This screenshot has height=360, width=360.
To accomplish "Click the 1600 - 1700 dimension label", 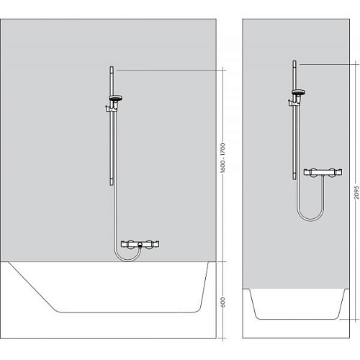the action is [223, 158].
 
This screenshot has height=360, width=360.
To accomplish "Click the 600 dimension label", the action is [223, 302].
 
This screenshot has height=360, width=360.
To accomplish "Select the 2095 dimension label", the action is [357, 192].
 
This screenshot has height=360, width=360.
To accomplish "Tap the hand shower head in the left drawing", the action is [116, 98].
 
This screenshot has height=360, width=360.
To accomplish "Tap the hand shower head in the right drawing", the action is [298, 92].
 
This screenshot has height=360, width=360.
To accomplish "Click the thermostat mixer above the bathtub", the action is [140, 245].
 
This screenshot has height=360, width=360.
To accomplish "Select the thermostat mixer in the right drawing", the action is [323, 172].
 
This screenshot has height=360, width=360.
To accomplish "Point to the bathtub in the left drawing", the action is [108, 287].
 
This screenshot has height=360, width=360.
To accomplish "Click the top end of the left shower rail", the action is [112, 67].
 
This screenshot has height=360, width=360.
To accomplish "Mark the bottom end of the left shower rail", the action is [112, 184].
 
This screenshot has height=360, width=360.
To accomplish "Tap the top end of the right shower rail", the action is [294, 61].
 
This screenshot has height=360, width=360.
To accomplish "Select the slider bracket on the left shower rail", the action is [112, 107].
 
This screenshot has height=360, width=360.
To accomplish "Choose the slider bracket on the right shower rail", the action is [294, 101].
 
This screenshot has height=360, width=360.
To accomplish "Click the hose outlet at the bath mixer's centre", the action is [140, 245].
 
